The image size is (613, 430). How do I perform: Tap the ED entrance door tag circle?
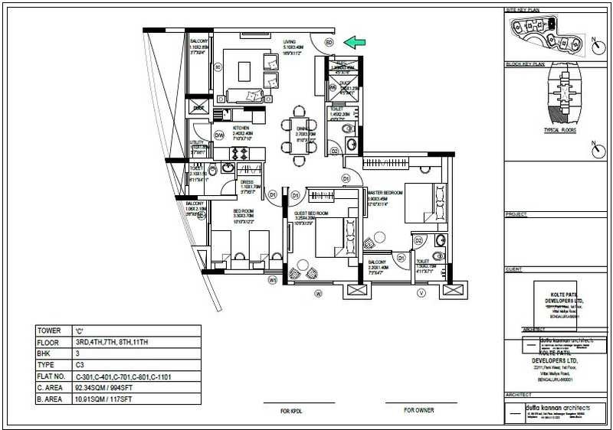click(329, 43)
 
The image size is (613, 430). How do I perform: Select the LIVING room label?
click(290, 42)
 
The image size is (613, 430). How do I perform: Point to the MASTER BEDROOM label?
click(385, 193)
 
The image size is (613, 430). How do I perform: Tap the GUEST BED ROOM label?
click(311, 213)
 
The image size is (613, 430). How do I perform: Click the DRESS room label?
click(247, 182)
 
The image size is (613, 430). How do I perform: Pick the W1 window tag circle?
click(272, 280)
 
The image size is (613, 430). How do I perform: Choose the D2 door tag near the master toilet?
click(418, 241)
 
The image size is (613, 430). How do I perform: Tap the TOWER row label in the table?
click(48, 331)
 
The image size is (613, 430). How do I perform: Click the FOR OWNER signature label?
click(418, 411)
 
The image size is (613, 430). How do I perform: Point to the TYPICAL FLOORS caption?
click(559, 131)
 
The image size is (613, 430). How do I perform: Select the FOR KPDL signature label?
click(293, 411)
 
